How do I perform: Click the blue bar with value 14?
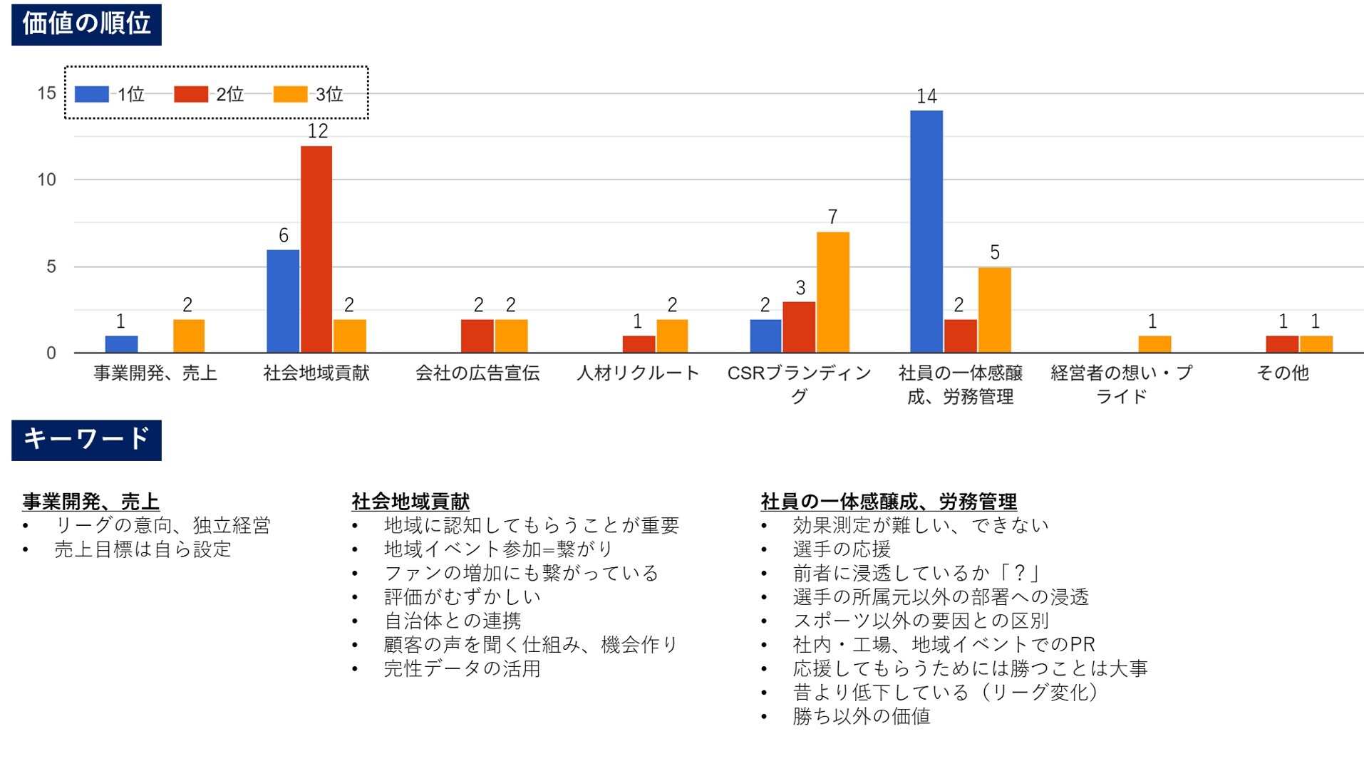pos(926,232)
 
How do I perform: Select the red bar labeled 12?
pos(316,249)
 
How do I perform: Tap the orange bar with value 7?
pos(832,292)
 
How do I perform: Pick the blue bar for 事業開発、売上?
pos(121,344)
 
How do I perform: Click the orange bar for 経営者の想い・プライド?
pos(1154,344)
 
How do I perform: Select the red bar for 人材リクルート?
pos(639,344)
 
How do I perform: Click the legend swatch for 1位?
pos(92,94)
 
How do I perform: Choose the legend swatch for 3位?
pos(290,94)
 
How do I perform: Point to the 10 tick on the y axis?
pos(47,180)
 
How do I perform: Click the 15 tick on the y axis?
pos(47,93)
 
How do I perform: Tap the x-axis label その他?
pos(1283,373)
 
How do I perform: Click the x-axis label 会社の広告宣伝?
pos(477,373)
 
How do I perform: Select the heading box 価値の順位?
pos(86,24)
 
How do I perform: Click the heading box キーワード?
pos(86,440)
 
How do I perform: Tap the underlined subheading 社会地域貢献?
pos(410,502)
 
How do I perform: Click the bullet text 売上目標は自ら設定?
pos(143,549)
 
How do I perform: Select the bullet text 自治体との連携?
pos(453,621)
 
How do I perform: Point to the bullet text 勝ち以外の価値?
pos(862,716)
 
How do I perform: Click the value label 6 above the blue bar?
pos(284,236)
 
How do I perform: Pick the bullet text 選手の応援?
pos(842,549)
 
